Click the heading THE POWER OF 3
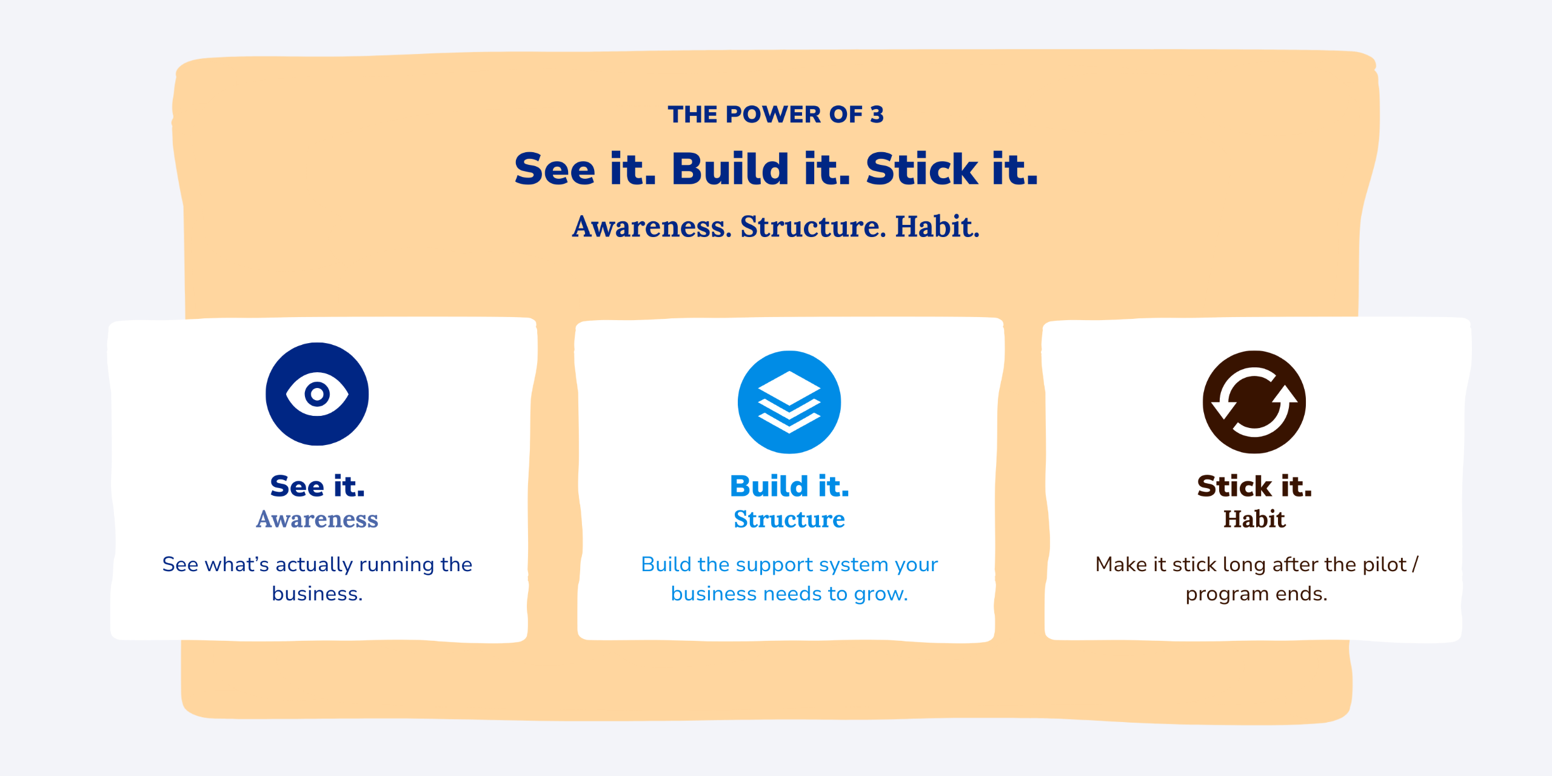[775, 114]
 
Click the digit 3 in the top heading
[877, 114]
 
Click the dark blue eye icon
[317, 394]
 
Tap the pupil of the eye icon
[317, 394]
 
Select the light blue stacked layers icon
[789, 402]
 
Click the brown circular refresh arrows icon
[1254, 402]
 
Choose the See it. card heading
[318, 486]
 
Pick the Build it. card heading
[789, 486]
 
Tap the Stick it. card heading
[1254, 486]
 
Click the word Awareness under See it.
[317, 519]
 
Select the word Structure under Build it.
[789, 519]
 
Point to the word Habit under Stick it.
[1254, 519]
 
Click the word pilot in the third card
[1384, 564]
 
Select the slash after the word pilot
[1415, 564]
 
